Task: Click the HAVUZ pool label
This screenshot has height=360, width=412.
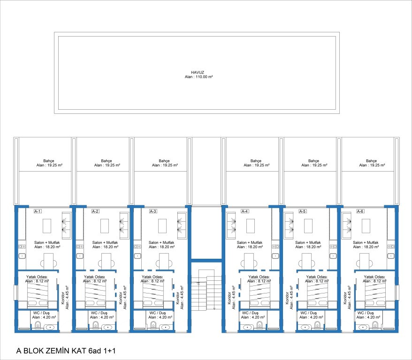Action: [198, 72]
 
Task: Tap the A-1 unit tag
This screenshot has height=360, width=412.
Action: [38, 211]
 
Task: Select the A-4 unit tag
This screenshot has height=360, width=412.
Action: [244, 211]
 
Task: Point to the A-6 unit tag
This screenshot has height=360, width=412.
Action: [360, 211]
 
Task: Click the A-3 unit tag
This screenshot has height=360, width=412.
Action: [153, 211]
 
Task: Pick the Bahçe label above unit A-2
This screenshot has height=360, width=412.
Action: [107, 161]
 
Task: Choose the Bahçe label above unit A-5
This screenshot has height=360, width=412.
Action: [314, 161]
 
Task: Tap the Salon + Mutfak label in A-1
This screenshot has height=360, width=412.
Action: [47, 242]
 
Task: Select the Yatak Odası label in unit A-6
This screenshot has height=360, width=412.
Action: [374, 277]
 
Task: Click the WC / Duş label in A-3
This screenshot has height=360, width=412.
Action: [158, 313]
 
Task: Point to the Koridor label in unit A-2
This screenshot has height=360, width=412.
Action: [121, 298]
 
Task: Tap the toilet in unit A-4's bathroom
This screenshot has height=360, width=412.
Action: [259, 326]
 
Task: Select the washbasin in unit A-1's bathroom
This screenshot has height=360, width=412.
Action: [49, 327]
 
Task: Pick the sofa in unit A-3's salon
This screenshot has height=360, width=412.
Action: [182, 225]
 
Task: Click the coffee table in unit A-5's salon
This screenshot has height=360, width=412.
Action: [308, 226]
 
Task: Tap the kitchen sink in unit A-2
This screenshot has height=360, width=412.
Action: [80, 256]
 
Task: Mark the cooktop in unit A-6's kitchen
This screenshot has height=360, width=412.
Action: [391, 247]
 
